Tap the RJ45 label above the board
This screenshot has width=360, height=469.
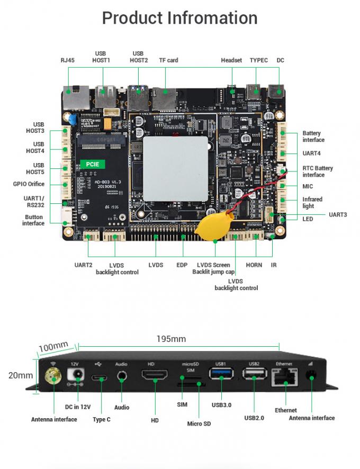point(67,60)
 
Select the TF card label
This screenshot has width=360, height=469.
point(168,60)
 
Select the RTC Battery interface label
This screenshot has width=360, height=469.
point(318,172)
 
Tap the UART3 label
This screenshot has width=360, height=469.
point(338,214)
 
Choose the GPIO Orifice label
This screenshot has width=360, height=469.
point(29,184)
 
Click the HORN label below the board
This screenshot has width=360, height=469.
point(254,265)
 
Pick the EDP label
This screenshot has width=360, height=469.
point(182,265)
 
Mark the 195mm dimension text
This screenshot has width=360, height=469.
point(171,339)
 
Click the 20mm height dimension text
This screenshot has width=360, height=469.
point(21,375)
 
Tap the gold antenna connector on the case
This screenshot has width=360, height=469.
point(54,377)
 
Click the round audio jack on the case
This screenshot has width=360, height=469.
point(122,377)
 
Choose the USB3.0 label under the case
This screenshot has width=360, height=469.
point(221,405)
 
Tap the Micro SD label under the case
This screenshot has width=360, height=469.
point(199,423)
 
